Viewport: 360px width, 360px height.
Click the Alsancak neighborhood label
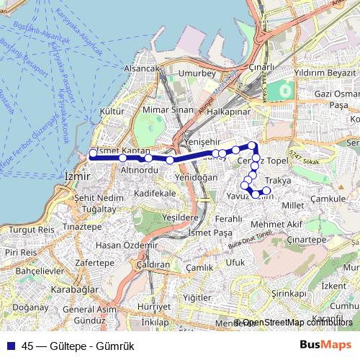coord(140,68)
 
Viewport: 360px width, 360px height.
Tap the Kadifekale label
coord(155,194)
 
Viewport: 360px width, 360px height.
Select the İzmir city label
coord(77,176)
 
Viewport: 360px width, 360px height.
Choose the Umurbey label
coord(198,73)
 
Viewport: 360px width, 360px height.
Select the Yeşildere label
coord(180,216)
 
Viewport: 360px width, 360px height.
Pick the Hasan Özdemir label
coord(126,245)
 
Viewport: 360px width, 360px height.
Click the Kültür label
coord(112,113)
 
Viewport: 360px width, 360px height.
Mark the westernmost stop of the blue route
coord(92,154)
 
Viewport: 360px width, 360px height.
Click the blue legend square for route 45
coord(11,344)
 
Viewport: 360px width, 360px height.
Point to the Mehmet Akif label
coord(282,225)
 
